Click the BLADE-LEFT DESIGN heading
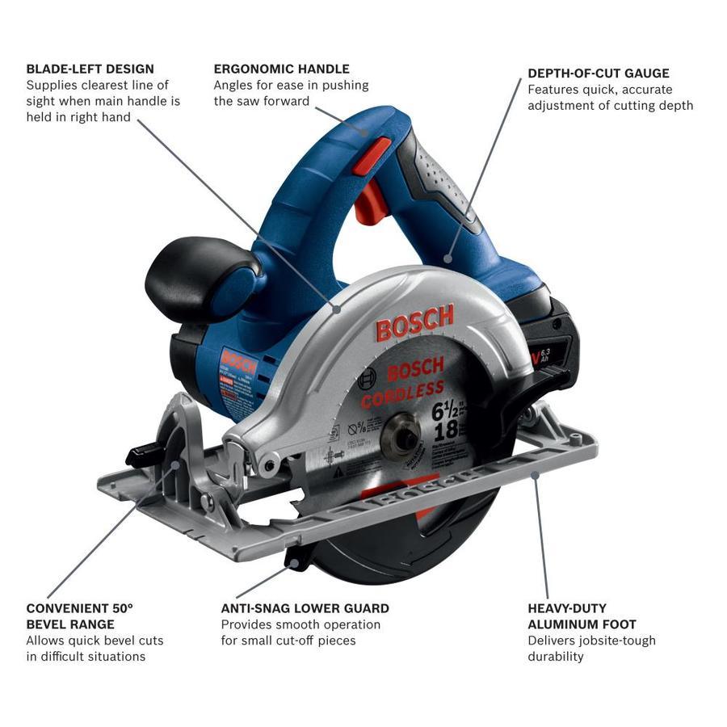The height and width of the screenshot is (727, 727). click(x=90, y=69)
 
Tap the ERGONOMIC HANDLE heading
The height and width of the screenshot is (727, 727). click(x=281, y=69)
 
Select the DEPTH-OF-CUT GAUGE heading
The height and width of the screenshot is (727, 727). click(x=599, y=74)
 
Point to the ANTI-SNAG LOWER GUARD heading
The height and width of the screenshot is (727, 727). click(x=305, y=608)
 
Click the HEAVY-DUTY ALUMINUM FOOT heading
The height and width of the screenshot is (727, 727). click(x=582, y=616)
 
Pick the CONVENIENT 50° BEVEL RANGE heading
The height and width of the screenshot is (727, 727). click(x=79, y=616)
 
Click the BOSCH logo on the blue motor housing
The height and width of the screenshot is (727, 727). click(x=237, y=359)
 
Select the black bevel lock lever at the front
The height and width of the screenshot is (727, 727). click(x=145, y=456)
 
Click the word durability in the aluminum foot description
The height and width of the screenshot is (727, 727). click(x=556, y=657)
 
